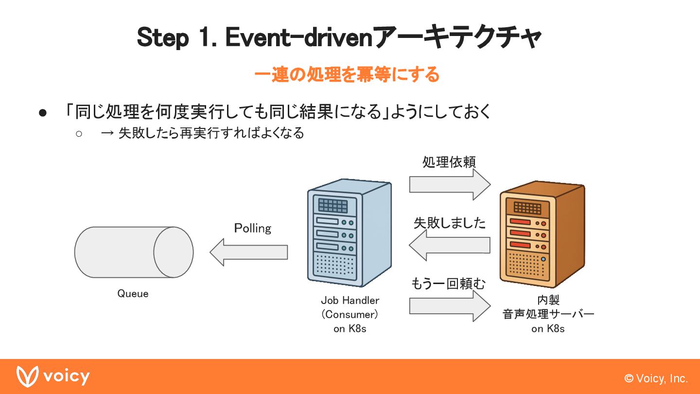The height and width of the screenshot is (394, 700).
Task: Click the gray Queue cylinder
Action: pyautogui.click(x=134, y=252)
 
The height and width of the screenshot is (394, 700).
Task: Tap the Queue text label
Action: pyautogui.click(x=133, y=294)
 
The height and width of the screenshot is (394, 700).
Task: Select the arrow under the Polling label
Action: pyautogui.click(x=249, y=252)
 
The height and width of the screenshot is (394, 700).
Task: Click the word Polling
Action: pyautogui.click(x=252, y=228)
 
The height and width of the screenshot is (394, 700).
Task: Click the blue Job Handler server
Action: pyautogui.click(x=350, y=233)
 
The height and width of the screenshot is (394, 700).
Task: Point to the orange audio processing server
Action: pyautogui.click(x=542, y=234)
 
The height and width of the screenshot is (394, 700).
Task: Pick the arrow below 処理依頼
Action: pyautogui.click(x=450, y=184)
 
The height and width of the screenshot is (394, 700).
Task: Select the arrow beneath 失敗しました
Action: pyautogui.click(x=450, y=245)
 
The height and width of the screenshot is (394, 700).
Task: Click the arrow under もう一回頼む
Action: pyautogui.click(x=450, y=306)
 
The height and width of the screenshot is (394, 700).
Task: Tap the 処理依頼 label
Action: pyautogui.click(x=449, y=162)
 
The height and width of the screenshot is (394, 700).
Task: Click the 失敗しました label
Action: pyautogui.click(x=450, y=223)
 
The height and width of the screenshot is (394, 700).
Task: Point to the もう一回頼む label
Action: pyautogui.click(x=448, y=284)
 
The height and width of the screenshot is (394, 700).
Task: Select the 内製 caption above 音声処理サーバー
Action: pyautogui.click(x=548, y=300)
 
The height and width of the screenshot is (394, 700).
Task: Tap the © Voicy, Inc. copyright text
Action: pyautogui.click(x=656, y=378)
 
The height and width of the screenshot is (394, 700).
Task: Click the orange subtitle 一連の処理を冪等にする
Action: pyautogui.click(x=347, y=74)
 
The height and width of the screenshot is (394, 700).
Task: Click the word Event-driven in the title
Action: pyautogui.click(x=299, y=37)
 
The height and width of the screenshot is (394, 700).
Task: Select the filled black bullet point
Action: pyautogui.click(x=43, y=113)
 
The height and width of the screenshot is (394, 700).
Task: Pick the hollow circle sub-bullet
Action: pyautogui.click(x=79, y=134)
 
